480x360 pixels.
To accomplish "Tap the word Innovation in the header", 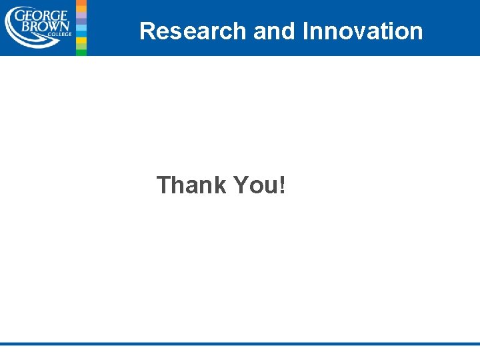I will pyautogui.click(x=363, y=31).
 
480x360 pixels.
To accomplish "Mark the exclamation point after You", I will pyautogui.click(x=283, y=185).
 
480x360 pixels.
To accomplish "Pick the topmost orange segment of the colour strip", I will pyautogui.click(x=81, y=3).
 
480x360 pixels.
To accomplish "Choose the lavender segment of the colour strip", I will pyautogui.click(x=81, y=21).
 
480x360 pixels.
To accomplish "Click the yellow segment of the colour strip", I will pyautogui.click(x=81, y=41).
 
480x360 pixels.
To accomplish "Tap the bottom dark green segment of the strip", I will pyautogui.click(x=81, y=51).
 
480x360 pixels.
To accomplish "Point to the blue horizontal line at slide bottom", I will pyautogui.click(x=240, y=344).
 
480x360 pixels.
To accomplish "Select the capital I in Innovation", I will pyautogui.click(x=305, y=31).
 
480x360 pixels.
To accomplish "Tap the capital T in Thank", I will pyautogui.click(x=163, y=185).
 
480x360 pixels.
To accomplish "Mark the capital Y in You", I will pyautogui.click(x=241, y=185).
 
